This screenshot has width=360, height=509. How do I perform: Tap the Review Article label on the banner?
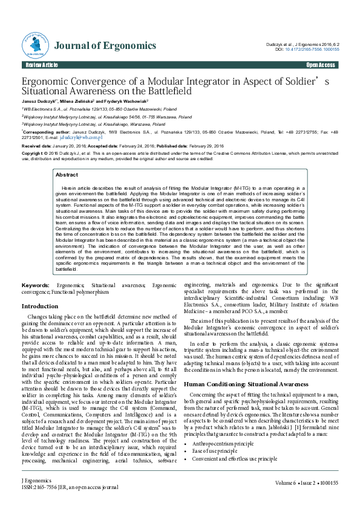tap(42, 65)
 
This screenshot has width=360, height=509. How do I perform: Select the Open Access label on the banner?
tap(321, 65)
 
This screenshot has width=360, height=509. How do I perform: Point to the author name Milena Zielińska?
tap(76, 101)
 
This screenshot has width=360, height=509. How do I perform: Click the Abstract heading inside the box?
tap(67, 174)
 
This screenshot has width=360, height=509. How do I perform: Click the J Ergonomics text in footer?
tap(34, 480)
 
